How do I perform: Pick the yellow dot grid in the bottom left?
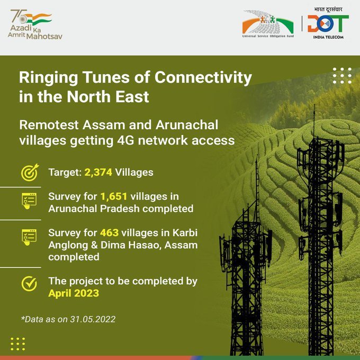pos(17,344)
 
